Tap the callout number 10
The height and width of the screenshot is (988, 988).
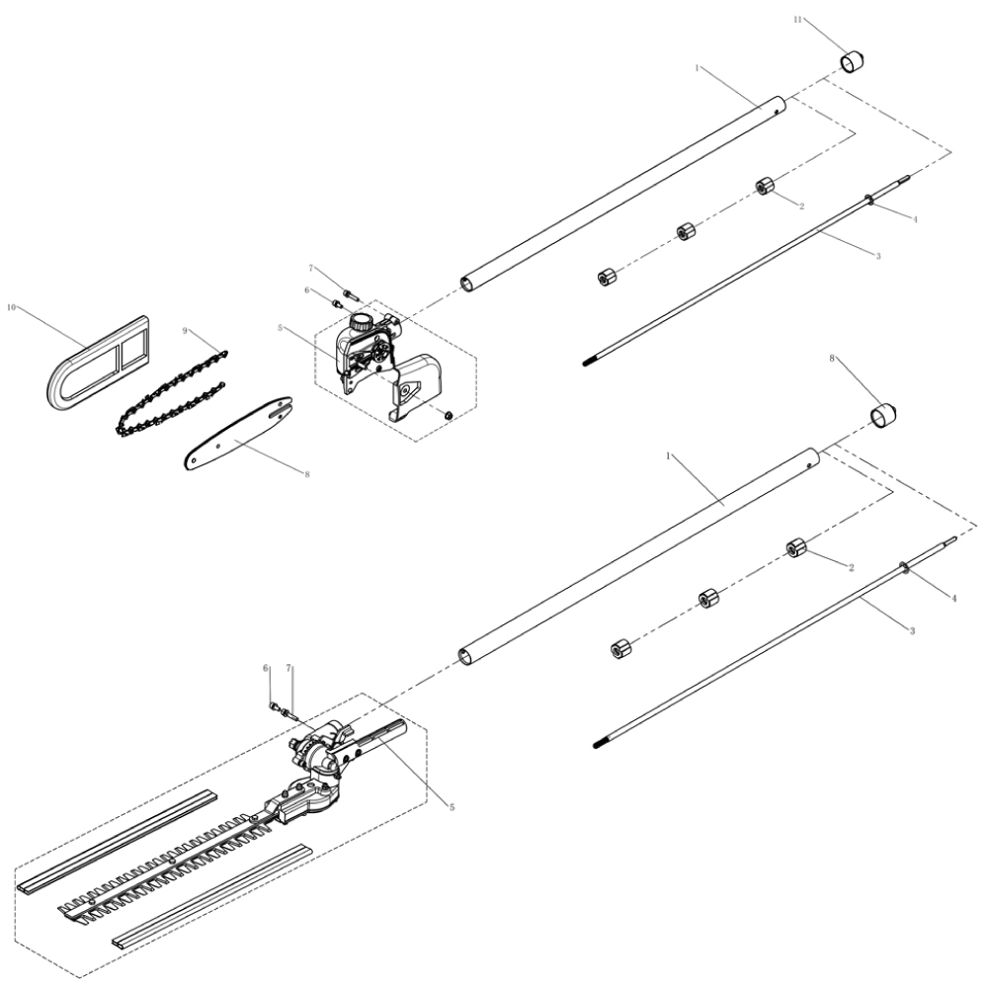point(13,307)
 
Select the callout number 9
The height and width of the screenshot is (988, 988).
point(184,332)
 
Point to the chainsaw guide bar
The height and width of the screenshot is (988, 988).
point(238,432)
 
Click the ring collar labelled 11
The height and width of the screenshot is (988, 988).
point(853,61)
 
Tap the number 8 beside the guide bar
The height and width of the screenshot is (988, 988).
point(307,474)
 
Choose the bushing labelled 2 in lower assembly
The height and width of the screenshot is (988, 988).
point(797,548)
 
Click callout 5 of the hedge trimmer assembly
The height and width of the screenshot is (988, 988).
point(452,807)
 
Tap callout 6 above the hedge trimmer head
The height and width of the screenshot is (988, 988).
point(266,669)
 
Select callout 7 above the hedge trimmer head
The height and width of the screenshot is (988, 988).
point(288,669)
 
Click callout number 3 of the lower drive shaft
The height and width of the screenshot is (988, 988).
point(911,629)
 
